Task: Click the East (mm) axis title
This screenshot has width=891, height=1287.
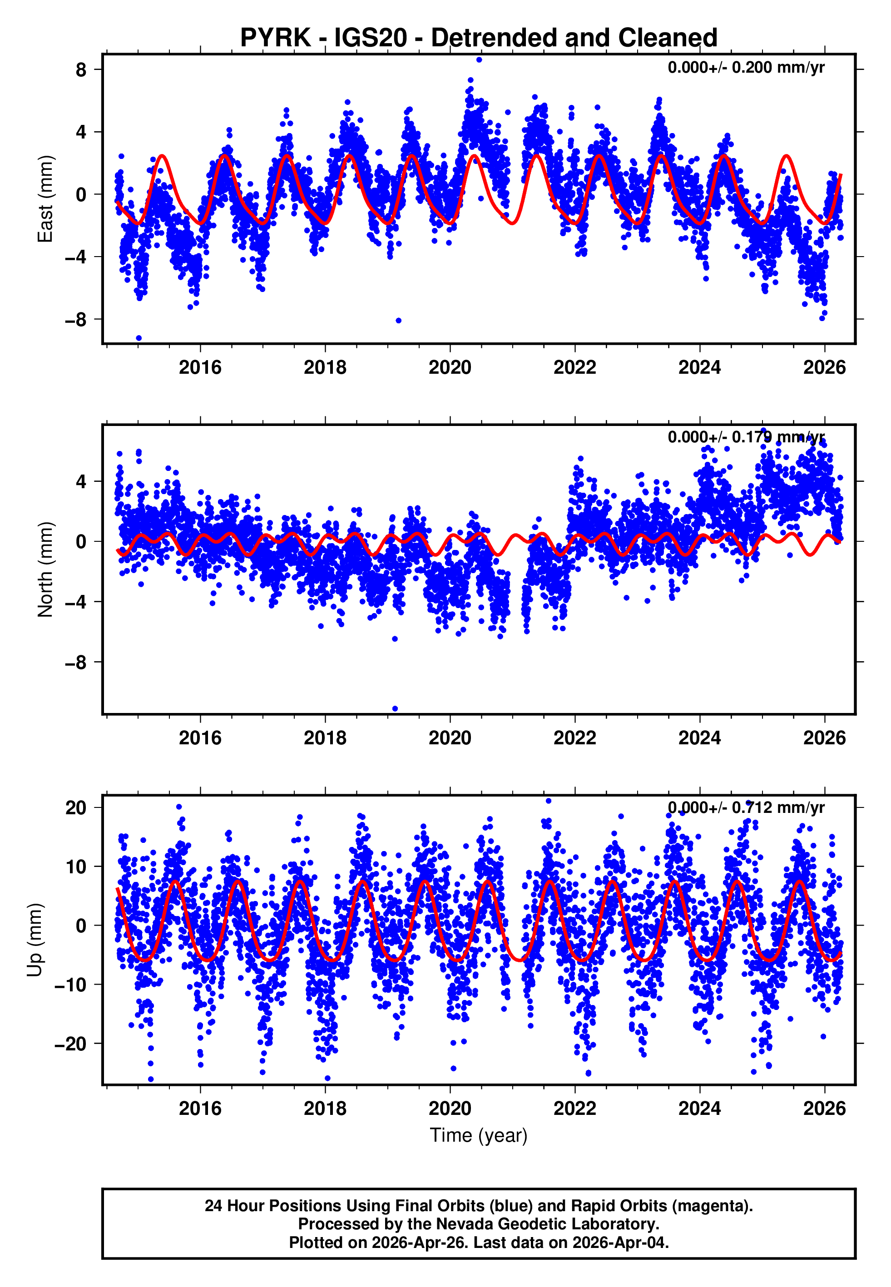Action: pos(45,199)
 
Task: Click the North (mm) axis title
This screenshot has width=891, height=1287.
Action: pos(45,569)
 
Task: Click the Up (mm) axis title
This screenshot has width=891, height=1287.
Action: pos(35,940)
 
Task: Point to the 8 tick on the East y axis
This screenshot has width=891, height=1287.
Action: pos(81,70)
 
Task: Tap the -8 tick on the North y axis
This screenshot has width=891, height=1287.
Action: pos(75,663)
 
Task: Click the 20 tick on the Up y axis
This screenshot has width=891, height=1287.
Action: pos(75,807)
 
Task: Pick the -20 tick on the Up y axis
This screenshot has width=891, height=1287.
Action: pos(70,1044)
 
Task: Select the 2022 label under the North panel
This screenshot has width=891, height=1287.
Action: pos(574,738)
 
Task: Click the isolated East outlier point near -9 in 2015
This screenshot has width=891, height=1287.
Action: pos(139,338)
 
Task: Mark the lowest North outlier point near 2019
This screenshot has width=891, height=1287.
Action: pos(395,709)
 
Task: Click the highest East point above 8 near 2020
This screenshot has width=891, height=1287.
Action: pos(479,59)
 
